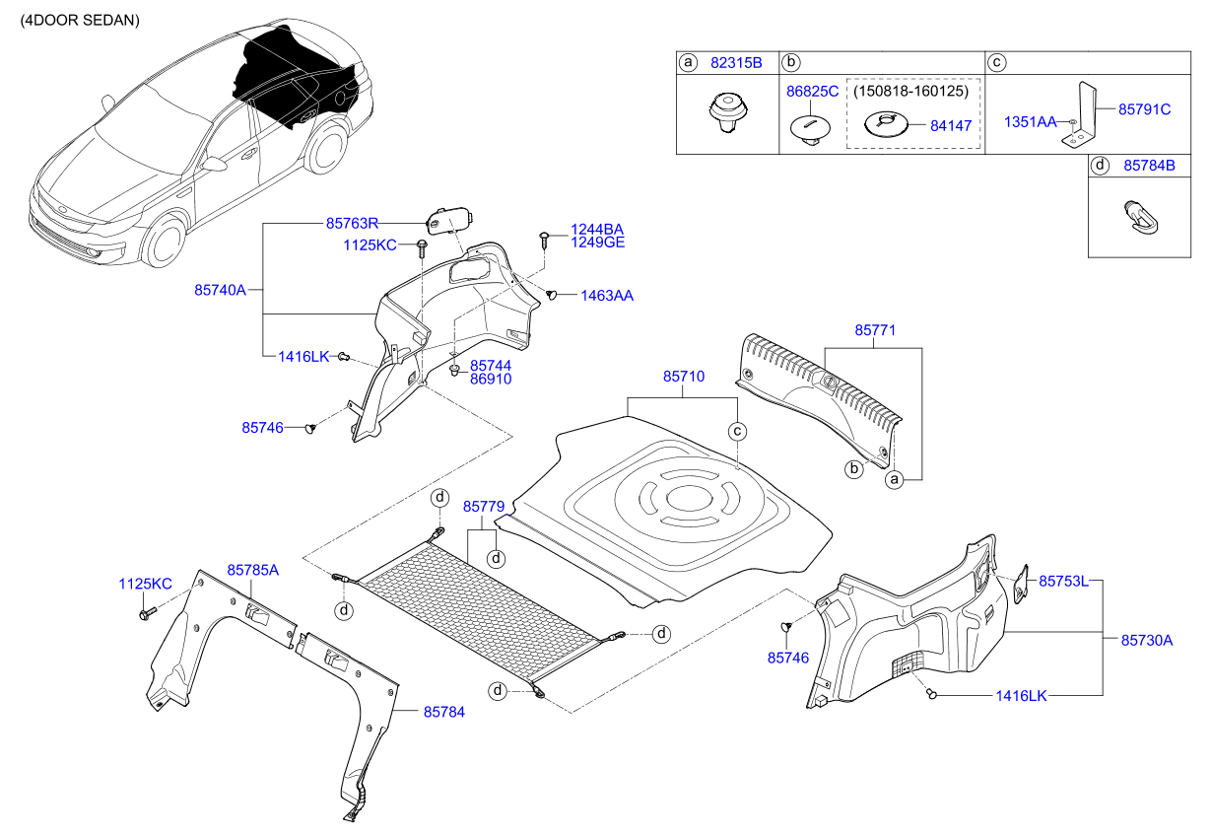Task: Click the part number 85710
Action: pos(684,377)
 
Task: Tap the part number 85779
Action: pos(484,506)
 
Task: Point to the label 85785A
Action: pos(253,570)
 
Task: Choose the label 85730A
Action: pos(1147,640)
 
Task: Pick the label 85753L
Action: pos(1063,580)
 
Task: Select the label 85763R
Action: pos(353,224)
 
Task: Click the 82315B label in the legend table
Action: pos(737,62)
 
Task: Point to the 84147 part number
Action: pos(951,126)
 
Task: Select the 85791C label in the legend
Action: pos(1144,109)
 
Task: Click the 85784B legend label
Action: pos(1149,167)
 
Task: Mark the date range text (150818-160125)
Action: pos(912,91)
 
